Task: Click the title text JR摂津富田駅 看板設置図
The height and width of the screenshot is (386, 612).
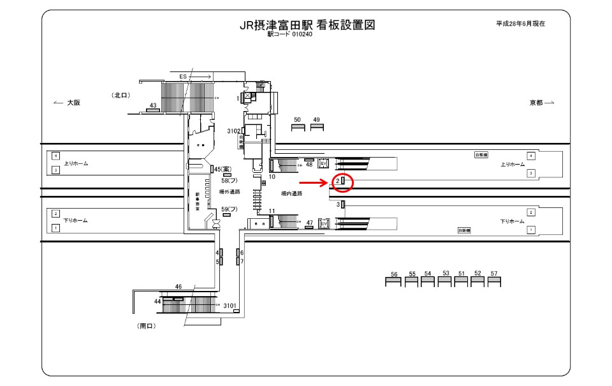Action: point(306,26)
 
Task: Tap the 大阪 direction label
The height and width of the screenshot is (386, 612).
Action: point(73,103)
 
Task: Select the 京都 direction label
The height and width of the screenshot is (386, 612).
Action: point(536,103)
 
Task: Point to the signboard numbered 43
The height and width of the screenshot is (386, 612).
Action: point(153,110)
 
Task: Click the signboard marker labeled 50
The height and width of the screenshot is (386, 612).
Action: point(298,127)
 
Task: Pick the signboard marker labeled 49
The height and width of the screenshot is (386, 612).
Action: point(317,127)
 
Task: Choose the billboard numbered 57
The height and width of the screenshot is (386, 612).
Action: point(494,281)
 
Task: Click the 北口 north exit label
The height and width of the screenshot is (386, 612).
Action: point(121,95)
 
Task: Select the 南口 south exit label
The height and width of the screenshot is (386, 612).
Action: point(147,325)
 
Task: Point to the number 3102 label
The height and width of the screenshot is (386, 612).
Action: point(233,131)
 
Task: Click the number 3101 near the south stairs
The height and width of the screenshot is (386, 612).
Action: point(230,306)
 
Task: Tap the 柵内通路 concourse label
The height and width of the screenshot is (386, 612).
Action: point(292,193)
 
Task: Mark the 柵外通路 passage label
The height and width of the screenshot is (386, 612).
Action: point(229,192)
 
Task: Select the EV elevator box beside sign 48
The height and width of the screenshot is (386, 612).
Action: point(323,164)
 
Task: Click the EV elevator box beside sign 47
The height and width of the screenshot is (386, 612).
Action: point(323,223)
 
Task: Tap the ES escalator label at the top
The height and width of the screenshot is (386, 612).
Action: point(183,77)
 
